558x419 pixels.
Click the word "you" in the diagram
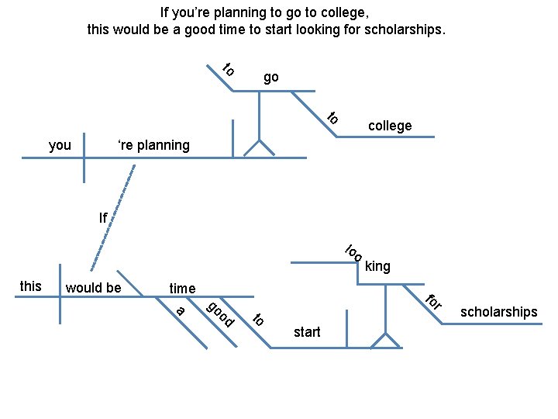click(x=60, y=145)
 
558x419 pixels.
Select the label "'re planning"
click(x=153, y=145)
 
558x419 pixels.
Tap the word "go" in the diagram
click(x=270, y=77)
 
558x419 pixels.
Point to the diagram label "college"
click(x=390, y=126)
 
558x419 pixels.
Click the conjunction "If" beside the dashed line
click(x=103, y=218)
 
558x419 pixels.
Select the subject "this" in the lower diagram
click(x=30, y=286)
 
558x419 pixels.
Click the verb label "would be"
click(x=94, y=288)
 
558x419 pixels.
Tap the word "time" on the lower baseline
click(x=182, y=289)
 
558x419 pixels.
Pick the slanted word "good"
click(x=220, y=312)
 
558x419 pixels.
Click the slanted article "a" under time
click(x=181, y=311)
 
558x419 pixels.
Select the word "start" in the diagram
click(x=307, y=332)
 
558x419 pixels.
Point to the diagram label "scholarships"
click(x=499, y=312)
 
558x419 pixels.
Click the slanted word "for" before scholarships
click(x=435, y=301)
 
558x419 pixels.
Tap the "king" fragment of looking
click(x=377, y=267)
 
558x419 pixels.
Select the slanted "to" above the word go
click(x=229, y=69)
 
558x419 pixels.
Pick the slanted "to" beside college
click(x=332, y=118)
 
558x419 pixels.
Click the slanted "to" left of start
click(x=259, y=318)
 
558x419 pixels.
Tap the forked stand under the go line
click(x=259, y=147)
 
